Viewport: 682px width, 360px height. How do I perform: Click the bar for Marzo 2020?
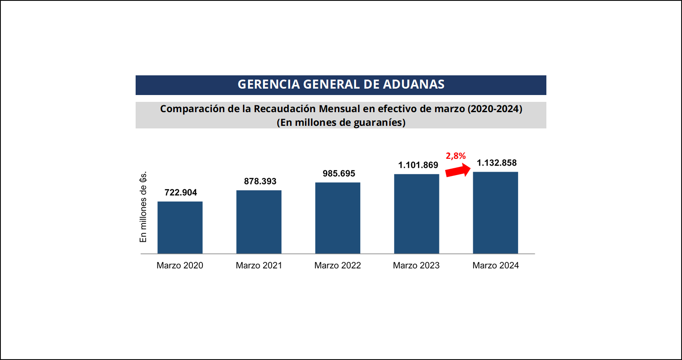[x=180, y=227]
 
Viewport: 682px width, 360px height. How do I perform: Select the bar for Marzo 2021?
[x=259, y=222]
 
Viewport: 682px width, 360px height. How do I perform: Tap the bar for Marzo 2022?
[x=338, y=218]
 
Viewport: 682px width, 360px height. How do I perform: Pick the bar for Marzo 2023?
[x=416, y=214]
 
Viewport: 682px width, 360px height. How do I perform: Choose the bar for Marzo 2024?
[x=495, y=212]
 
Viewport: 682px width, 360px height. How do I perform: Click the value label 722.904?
[x=181, y=193]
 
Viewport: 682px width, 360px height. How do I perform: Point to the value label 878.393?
[x=260, y=181]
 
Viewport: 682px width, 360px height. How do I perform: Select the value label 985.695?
[x=339, y=174]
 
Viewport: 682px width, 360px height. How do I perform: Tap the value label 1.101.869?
[x=418, y=165]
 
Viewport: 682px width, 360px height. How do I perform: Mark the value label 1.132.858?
[x=497, y=163]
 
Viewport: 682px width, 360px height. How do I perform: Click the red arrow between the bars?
[x=458, y=170]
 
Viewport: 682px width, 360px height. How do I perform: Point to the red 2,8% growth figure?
[x=456, y=156]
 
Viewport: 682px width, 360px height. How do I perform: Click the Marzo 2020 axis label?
[x=180, y=265]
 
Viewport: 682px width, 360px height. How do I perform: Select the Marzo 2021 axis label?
[x=259, y=265]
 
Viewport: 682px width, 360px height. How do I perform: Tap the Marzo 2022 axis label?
[x=338, y=265]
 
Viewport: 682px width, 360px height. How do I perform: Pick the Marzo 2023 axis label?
[x=416, y=265]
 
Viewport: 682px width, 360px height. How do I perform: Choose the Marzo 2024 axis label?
[x=495, y=265]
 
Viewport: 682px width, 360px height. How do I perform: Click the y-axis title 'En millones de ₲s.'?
[x=143, y=207]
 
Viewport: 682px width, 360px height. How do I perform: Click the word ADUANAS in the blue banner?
[x=413, y=85]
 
